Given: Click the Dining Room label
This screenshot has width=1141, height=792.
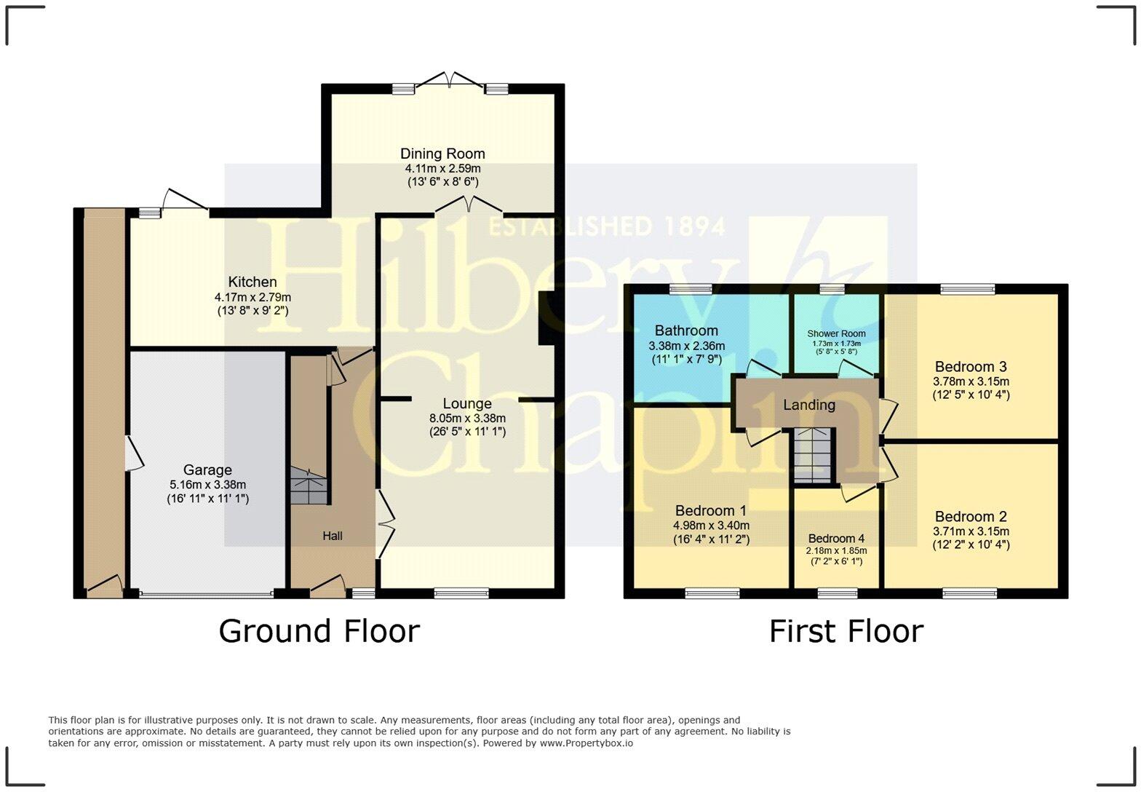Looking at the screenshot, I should (x=442, y=154).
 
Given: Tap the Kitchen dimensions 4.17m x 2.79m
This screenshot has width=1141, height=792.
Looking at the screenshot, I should (x=253, y=297).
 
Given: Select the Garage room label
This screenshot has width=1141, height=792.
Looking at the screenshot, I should (x=207, y=470).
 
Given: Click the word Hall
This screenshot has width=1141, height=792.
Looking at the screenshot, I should (x=333, y=536).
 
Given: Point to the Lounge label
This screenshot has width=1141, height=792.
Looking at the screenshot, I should (x=467, y=403).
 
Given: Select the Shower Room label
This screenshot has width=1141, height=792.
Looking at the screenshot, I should (x=836, y=333).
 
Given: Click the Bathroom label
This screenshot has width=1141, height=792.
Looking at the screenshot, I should (x=685, y=330).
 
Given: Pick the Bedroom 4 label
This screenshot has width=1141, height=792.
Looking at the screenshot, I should (x=836, y=539).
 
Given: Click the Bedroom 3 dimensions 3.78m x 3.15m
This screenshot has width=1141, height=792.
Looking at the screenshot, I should (x=971, y=381).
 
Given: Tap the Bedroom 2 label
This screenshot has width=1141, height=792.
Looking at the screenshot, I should (x=971, y=517).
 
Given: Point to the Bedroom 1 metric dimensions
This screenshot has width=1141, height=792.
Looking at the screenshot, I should (x=711, y=525).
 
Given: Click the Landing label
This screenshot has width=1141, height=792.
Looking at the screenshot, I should (x=808, y=405).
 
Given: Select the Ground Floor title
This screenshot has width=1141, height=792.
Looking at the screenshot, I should (x=319, y=631).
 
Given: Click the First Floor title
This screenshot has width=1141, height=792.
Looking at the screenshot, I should (x=846, y=631).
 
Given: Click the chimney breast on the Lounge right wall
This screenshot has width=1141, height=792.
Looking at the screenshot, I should (x=544, y=318).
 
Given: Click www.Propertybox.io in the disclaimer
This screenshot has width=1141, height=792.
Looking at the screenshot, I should (x=586, y=743).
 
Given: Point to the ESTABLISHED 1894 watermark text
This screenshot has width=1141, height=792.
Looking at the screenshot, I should (x=606, y=226).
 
